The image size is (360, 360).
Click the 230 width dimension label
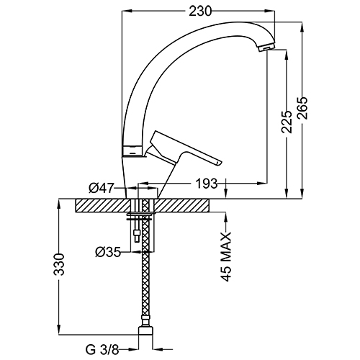200,11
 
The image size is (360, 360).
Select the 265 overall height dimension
302,108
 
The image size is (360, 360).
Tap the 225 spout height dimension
287,122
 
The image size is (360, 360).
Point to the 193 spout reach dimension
207,184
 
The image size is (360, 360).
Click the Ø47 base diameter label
101,188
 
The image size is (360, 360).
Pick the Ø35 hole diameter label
108,252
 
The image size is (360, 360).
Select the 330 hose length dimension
59,264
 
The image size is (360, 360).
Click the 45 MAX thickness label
226,256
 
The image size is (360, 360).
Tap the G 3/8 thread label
102,350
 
